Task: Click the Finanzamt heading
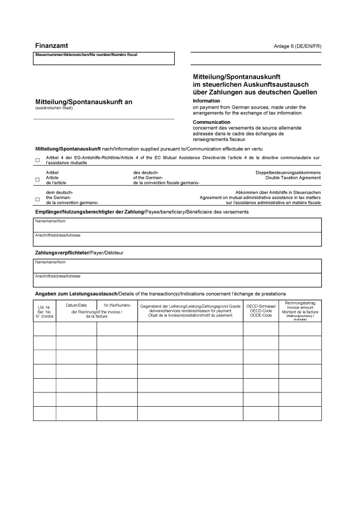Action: pos(52,45)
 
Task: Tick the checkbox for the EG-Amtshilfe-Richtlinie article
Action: pos(38,160)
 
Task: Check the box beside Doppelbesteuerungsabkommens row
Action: pos(38,179)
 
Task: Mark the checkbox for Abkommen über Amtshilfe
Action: pos(38,199)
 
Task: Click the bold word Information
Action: pos(206,101)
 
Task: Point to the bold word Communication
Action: pos(211,122)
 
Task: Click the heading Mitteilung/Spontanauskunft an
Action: pos(83,102)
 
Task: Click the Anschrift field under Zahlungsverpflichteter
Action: pos(177,280)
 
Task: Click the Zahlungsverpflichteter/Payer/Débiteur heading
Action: pos(79,252)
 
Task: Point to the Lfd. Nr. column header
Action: pos(45,312)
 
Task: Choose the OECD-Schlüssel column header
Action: pos(260,311)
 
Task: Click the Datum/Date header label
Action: pos(76,306)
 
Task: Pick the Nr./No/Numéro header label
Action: pos(117,306)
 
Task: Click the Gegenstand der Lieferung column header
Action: pos(190,311)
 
